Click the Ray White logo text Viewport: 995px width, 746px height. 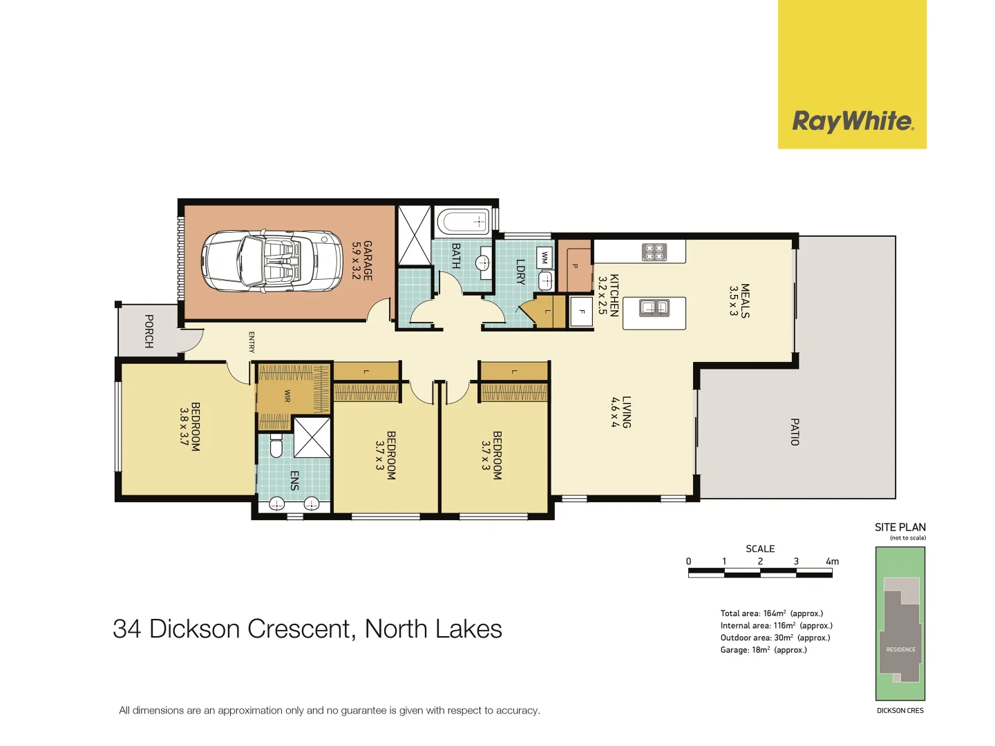(x=852, y=121)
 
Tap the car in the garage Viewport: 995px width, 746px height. (x=272, y=261)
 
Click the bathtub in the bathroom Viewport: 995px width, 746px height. (x=462, y=222)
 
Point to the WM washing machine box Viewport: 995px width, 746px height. (x=544, y=257)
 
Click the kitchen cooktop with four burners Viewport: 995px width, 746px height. (x=654, y=252)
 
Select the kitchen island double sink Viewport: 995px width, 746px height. (x=654, y=307)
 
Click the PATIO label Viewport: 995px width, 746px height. (x=795, y=432)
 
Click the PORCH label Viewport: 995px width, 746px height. (x=149, y=331)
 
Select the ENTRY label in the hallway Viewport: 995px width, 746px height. (x=252, y=342)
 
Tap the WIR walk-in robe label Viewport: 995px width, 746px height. (x=287, y=396)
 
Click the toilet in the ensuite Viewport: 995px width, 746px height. (x=276, y=447)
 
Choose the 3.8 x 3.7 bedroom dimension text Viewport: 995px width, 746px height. (x=184, y=427)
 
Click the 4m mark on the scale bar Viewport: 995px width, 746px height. (x=832, y=562)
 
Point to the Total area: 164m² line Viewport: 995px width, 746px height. (x=771, y=613)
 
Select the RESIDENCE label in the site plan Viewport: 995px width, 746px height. (x=900, y=649)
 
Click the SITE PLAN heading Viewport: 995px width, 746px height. (x=900, y=527)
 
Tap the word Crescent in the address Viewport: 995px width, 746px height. (x=301, y=629)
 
